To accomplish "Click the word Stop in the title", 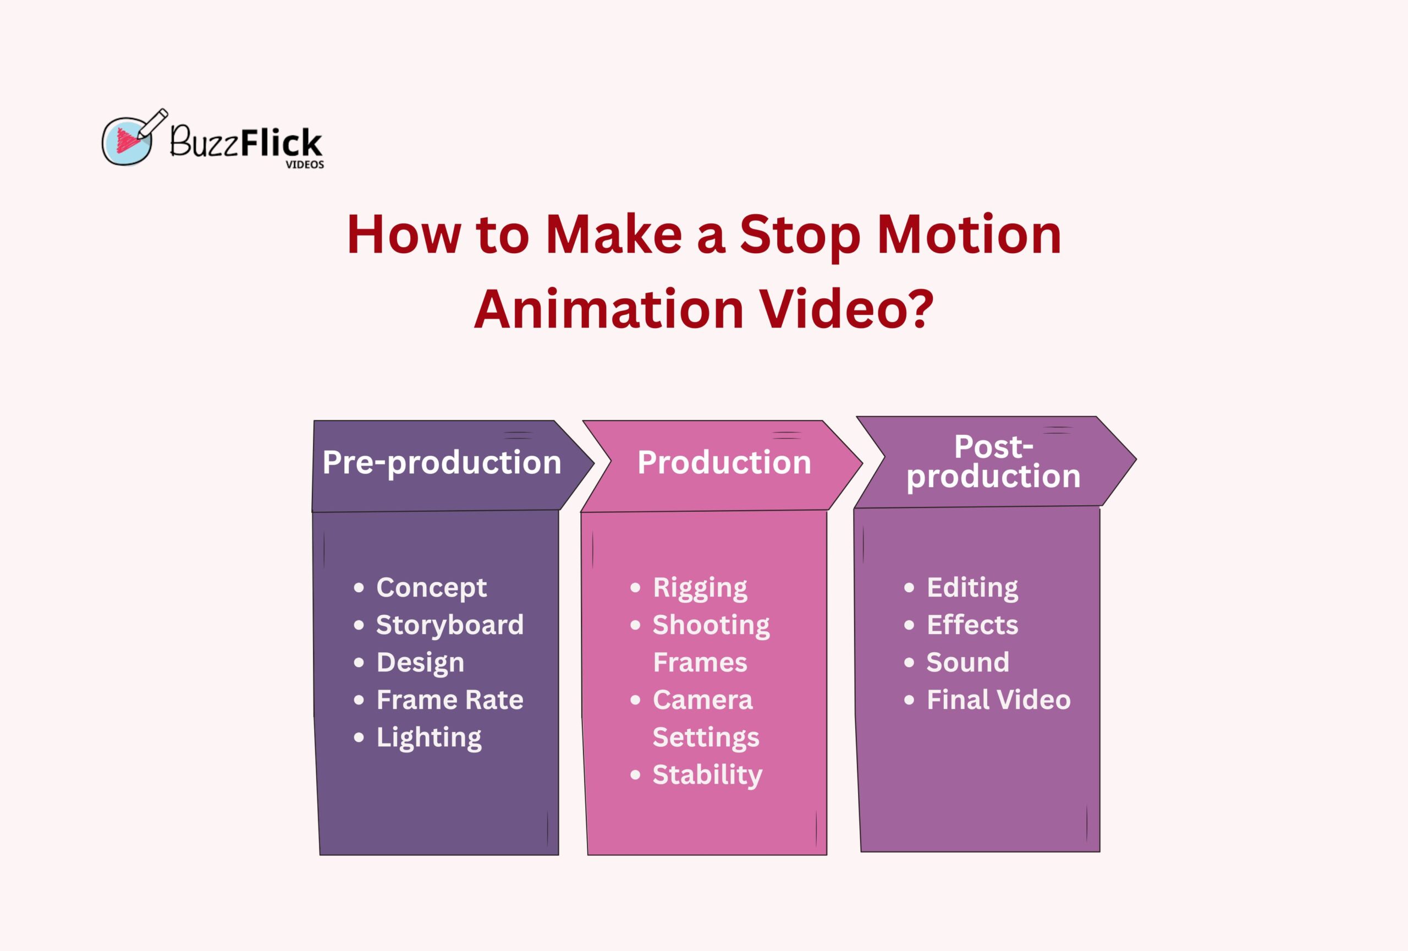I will [x=800, y=235].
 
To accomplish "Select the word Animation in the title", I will [x=608, y=310].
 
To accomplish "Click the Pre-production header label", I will [x=442, y=463].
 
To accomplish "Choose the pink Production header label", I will [x=724, y=463].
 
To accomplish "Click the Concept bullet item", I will [x=431, y=587].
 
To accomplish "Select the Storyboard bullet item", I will [x=449, y=625].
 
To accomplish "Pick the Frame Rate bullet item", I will [x=449, y=700].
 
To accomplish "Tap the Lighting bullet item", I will [x=429, y=737].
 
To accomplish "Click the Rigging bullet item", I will [x=700, y=587].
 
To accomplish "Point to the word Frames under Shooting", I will [x=700, y=663].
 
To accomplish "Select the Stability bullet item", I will [x=707, y=775].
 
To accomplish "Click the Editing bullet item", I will [x=972, y=587].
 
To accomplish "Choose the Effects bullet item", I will [x=972, y=625].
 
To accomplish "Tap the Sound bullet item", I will [x=967, y=663].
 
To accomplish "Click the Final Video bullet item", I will [x=998, y=700].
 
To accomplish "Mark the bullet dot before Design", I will [x=359, y=663].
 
